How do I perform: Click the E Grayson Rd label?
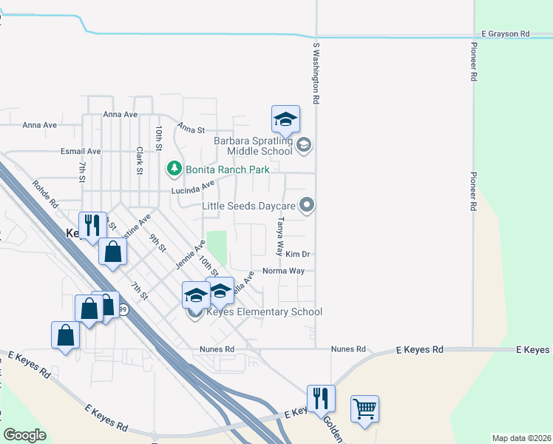click(506, 34)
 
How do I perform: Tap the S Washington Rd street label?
click(316, 72)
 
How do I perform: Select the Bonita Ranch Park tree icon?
click(174, 169)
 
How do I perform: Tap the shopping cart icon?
click(364, 408)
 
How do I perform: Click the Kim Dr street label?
click(297, 254)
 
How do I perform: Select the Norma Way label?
click(283, 271)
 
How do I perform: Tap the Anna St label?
click(191, 129)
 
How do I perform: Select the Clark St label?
click(139, 161)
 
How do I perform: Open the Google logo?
click(24, 435)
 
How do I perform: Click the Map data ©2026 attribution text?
click(521, 438)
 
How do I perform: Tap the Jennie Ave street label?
click(190, 255)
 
